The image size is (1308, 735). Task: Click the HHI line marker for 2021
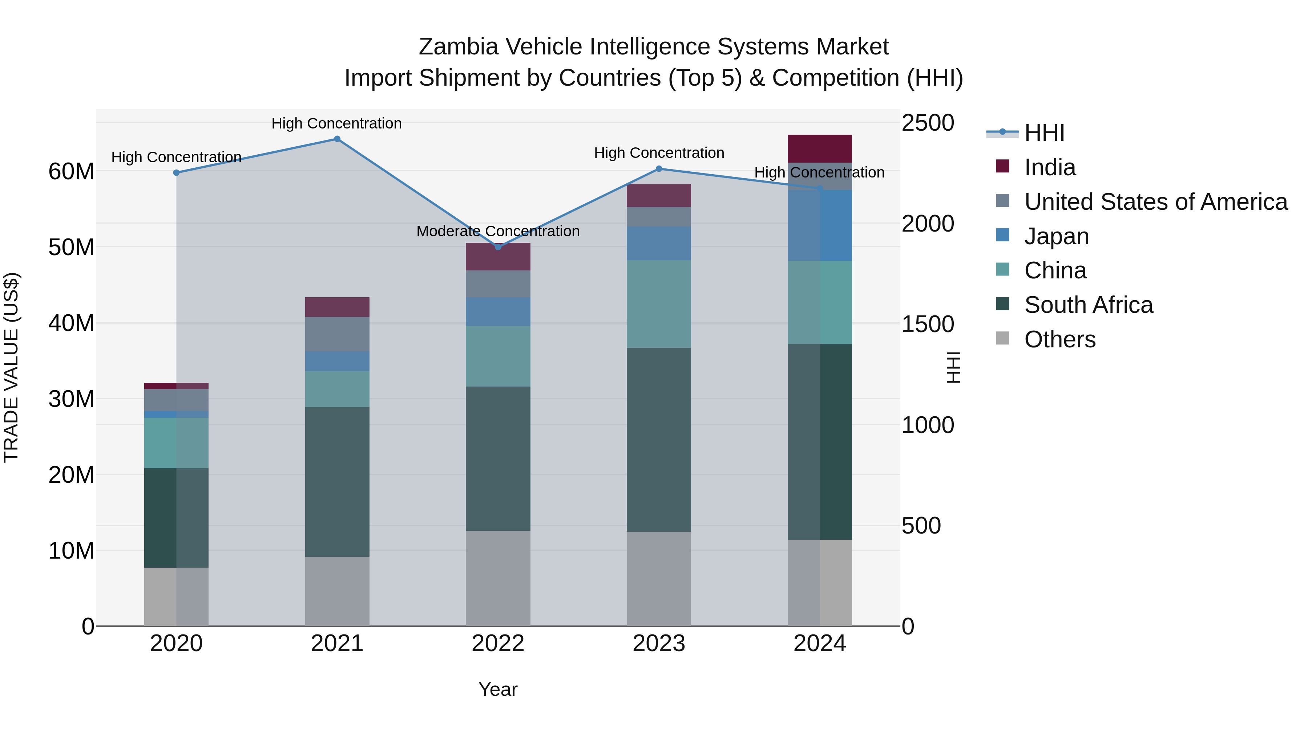tap(337, 139)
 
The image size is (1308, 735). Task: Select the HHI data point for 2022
tap(498, 247)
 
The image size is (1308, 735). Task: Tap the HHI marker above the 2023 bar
tap(659, 169)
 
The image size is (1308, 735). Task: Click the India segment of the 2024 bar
tap(820, 148)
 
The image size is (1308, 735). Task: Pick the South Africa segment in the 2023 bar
tap(659, 440)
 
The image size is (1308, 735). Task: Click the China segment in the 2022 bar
tap(498, 356)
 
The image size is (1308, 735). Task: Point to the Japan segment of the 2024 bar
tap(820, 226)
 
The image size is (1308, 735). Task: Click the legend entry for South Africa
tap(1088, 305)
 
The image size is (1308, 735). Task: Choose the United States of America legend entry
tap(1155, 202)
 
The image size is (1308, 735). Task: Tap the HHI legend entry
tap(1044, 133)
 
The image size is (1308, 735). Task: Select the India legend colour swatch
tap(1002, 166)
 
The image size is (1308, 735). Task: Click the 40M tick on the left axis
tap(71, 323)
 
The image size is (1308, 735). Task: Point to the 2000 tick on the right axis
tap(927, 224)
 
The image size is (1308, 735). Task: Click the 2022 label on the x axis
tap(498, 644)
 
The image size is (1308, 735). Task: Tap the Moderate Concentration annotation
tap(498, 231)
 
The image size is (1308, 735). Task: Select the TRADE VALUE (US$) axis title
tap(11, 367)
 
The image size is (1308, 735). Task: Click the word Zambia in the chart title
tap(458, 47)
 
